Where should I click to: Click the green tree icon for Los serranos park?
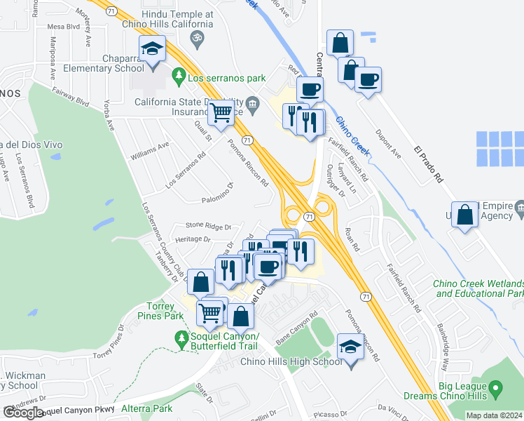180,74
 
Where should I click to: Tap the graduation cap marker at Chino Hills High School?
350,347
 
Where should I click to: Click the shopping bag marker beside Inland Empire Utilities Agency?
464,215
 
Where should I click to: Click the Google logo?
23,413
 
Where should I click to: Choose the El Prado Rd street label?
429,165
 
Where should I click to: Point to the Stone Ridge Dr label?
208,225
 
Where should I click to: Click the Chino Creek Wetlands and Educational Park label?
478,288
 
